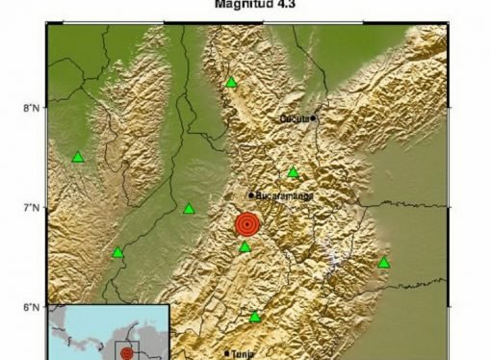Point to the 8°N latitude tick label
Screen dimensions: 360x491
(32, 108)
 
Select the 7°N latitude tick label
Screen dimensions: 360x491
(32, 208)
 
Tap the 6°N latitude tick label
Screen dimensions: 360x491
(32, 307)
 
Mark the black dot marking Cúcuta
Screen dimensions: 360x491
(314, 117)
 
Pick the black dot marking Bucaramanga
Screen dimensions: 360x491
(251, 195)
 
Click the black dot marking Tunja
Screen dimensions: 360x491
(228, 353)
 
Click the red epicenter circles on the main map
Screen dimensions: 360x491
(247, 225)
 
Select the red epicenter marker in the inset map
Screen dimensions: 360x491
(127, 353)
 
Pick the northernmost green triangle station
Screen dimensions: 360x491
(231, 83)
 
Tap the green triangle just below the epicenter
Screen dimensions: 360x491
(245, 247)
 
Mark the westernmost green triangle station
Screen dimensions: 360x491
(78, 157)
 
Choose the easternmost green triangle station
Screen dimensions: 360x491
(384, 263)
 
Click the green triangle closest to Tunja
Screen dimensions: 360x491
(255, 317)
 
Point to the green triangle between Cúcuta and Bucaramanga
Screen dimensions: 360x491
(293, 173)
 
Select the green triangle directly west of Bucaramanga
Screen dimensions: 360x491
(189, 208)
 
